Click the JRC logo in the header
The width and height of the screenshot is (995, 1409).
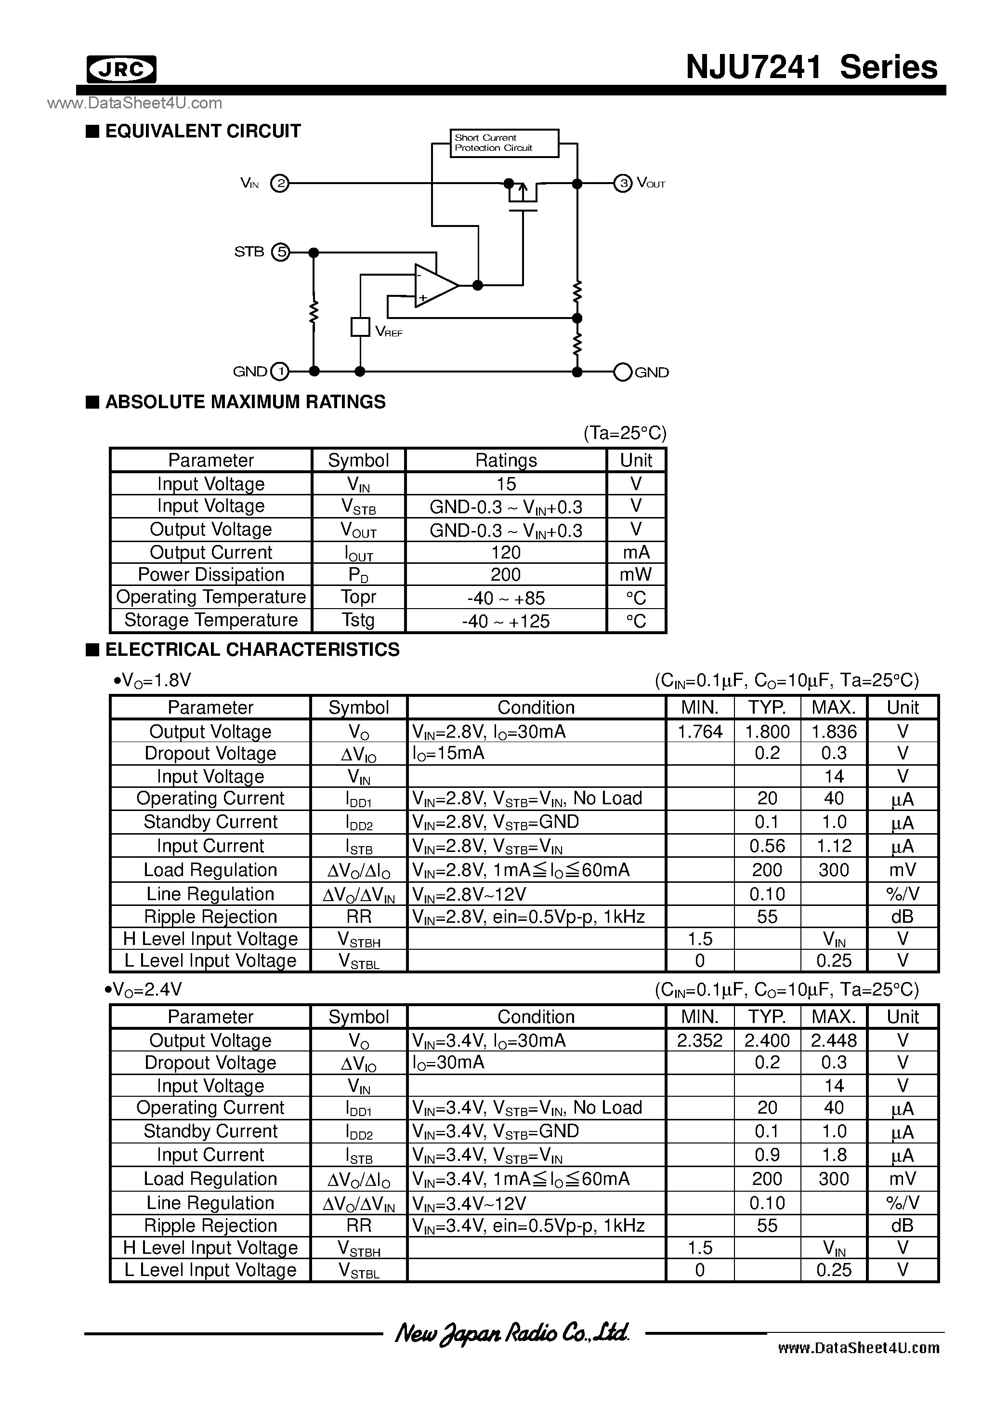point(121,69)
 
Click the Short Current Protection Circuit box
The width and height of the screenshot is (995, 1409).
point(504,143)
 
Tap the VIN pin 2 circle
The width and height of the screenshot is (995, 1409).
point(280,183)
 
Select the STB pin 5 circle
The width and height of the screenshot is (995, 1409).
point(280,252)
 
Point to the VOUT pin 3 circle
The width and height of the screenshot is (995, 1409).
point(623,183)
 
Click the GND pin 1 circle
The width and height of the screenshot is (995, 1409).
point(280,371)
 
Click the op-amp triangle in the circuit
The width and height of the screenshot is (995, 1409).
point(434,285)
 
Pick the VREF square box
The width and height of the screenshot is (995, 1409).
point(360,327)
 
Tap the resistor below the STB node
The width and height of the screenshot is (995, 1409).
point(314,311)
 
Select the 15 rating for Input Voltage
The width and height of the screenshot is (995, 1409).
point(506,484)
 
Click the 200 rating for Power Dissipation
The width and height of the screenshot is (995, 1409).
point(506,574)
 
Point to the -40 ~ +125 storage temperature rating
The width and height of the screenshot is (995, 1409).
point(506,621)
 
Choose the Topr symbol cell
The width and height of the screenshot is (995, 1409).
point(359,597)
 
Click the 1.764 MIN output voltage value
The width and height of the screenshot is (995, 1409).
point(700,731)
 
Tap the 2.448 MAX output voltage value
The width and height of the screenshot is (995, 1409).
point(834,1040)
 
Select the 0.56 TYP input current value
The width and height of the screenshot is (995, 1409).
point(767,846)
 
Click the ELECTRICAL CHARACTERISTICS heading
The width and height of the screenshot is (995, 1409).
point(252,649)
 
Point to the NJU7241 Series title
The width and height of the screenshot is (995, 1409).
point(812,67)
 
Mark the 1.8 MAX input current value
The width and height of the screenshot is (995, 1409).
point(834,1154)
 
